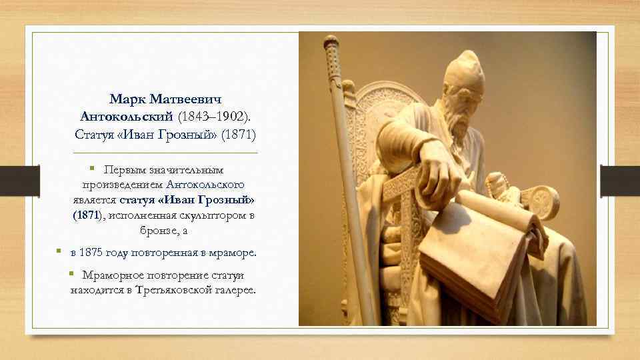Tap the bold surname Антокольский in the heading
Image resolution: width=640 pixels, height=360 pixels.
click(x=127, y=117)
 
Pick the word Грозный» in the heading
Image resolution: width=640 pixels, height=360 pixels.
click(x=197, y=134)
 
